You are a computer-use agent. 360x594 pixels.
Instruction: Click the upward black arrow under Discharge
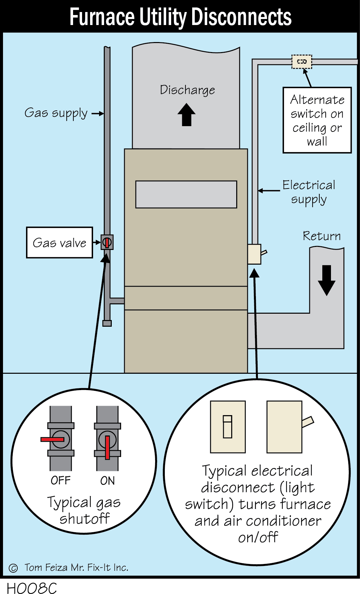187,115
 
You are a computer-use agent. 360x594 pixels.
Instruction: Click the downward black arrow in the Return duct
326,280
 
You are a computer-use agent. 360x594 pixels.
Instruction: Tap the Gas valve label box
59,243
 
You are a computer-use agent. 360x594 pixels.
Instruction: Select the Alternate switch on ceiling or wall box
317,120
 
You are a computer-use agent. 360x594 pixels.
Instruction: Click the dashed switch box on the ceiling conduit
302,62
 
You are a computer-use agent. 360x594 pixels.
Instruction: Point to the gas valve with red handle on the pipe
107,242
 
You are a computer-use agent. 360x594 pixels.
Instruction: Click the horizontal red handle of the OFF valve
52,439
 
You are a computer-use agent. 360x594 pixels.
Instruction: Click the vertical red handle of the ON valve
107,447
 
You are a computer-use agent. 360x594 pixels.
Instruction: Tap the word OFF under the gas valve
60,480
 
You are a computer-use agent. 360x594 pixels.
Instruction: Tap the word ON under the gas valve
107,481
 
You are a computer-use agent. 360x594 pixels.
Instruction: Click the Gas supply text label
56,113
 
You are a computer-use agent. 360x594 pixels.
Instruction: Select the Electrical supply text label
309,192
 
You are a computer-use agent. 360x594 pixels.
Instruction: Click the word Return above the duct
322,236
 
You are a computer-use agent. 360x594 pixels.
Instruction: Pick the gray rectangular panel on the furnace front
186,195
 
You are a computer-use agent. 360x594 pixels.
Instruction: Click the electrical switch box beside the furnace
254,254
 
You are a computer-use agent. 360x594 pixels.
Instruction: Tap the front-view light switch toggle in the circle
228,426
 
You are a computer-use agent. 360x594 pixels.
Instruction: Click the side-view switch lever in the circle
308,422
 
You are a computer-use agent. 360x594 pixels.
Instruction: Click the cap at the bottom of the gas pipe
107,323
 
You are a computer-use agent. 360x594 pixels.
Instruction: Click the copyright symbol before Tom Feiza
13,568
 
